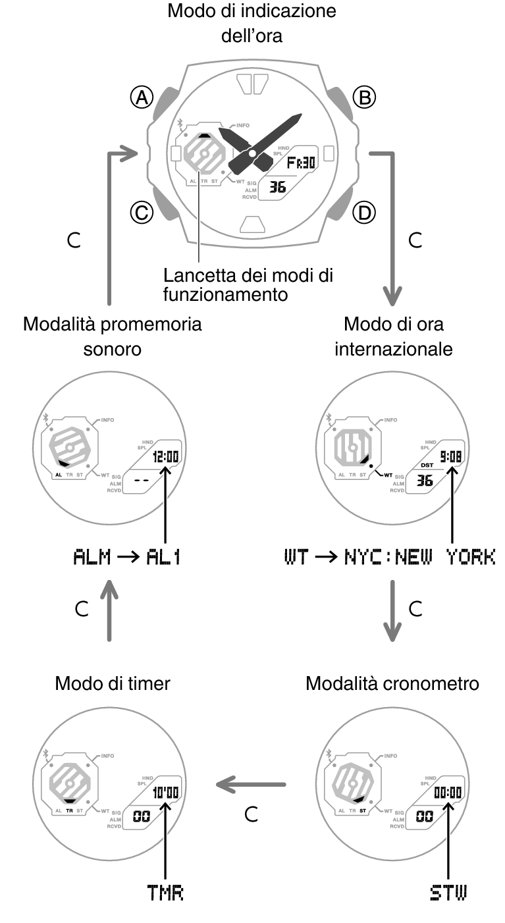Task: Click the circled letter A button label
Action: [141, 98]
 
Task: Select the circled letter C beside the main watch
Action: [141, 212]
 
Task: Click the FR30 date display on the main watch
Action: [302, 162]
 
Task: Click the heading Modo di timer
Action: [113, 684]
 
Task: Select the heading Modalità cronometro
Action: [392, 684]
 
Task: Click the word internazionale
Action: [393, 349]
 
